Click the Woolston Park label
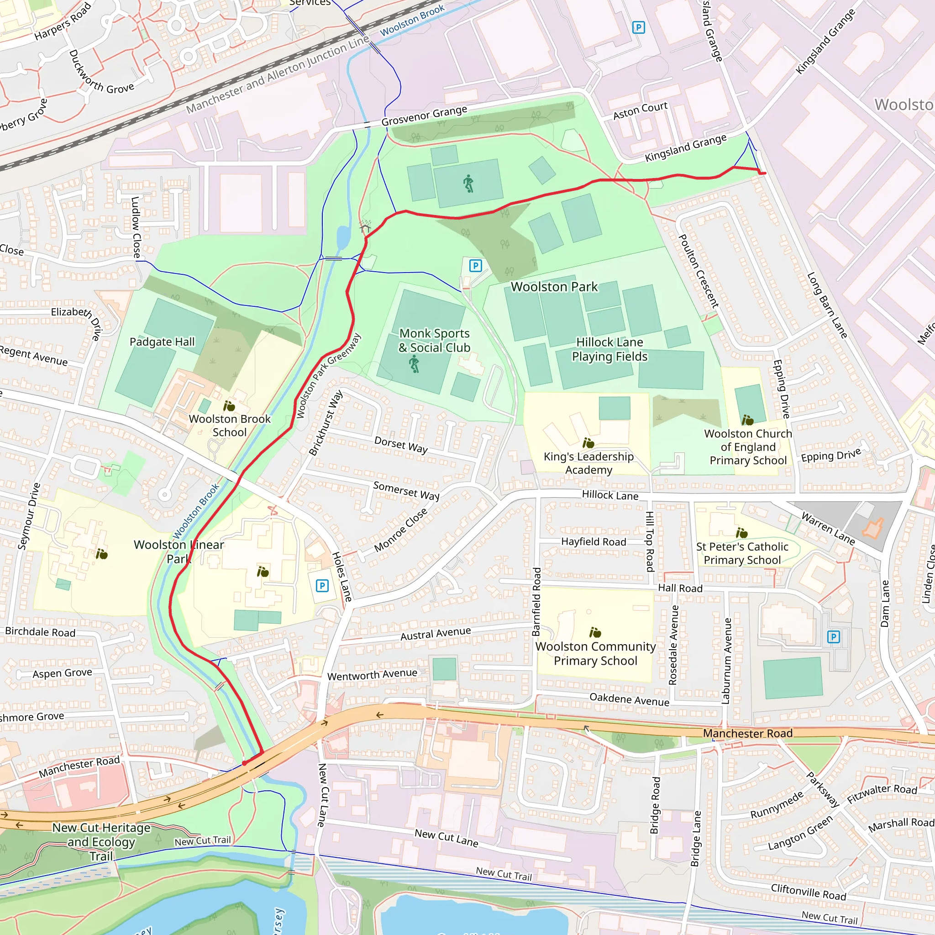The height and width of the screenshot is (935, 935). point(554,287)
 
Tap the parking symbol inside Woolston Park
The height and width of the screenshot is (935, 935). point(476,266)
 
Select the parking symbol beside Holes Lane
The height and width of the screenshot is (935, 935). point(322,586)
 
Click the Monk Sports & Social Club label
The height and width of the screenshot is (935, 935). point(434,340)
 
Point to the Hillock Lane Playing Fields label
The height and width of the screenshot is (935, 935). point(609,349)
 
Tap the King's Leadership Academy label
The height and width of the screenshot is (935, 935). point(588,462)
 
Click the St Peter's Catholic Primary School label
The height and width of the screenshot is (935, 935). point(742,553)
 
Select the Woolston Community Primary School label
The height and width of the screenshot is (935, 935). point(595,653)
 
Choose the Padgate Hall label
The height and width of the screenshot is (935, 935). point(162,341)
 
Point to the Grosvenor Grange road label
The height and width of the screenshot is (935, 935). point(424,116)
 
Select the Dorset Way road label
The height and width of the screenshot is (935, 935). point(401,445)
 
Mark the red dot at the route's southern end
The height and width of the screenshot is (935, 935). point(244,763)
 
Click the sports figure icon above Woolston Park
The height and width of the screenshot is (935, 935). point(468,184)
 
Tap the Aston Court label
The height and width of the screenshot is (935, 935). point(640,110)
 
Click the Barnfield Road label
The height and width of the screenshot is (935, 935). point(536,602)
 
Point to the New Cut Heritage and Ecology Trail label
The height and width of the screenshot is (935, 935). point(101,841)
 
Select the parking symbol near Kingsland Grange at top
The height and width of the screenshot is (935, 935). point(638,27)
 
